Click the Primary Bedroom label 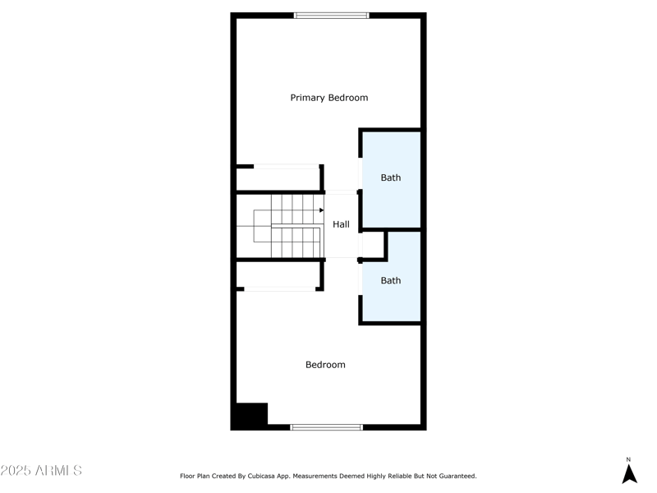tap(328, 98)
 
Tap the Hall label tap(341, 224)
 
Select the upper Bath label tap(391, 177)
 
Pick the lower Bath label tap(391, 280)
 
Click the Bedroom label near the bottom tap(325, 365)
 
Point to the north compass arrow tap(629, 474)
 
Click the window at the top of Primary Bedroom tap(332, 15)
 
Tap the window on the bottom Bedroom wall tap(327, 426)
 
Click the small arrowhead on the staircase tap(321, 210)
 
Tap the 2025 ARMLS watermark tap(41, 471)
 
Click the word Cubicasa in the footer tap(282, 476)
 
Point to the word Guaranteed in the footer tap(455, 476)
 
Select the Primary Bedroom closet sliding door tap(286, 167)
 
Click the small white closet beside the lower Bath tap(373, 244)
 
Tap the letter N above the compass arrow tap(629, 460)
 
